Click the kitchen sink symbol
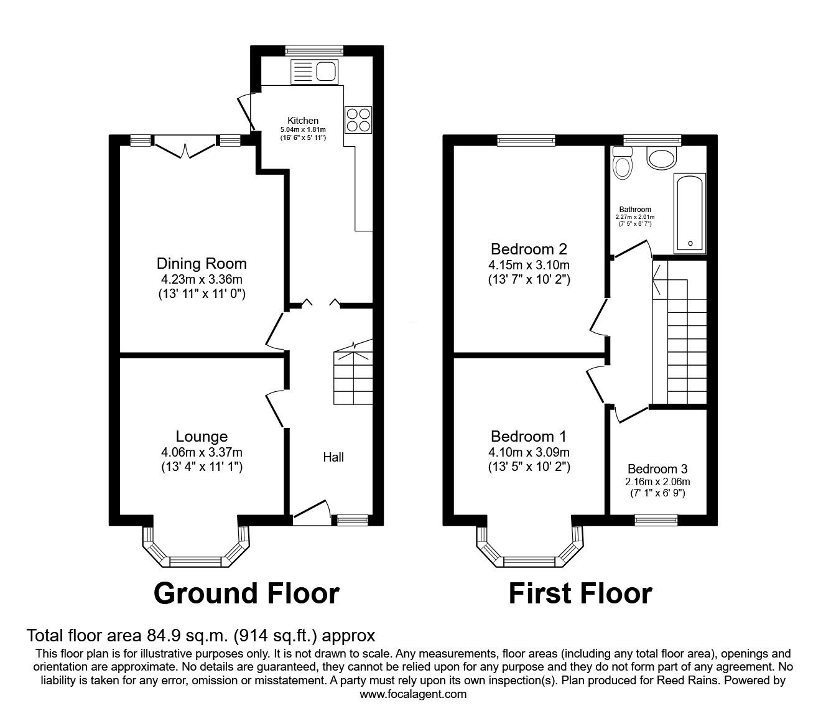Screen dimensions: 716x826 313,72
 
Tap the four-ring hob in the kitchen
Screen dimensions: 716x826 358,119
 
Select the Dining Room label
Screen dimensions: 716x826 202,264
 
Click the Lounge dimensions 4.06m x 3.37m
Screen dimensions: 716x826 201,452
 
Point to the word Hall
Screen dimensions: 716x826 333,457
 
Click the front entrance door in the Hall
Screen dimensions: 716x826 310,511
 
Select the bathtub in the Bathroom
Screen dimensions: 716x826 689,213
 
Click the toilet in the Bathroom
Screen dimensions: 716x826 622,163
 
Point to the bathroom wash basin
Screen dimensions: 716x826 662,158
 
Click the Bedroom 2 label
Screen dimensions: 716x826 529,249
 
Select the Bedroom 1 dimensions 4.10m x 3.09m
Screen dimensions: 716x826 529,452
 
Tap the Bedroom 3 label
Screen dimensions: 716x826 657,469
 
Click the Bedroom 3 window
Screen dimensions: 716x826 656,516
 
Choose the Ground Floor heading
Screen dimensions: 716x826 246,593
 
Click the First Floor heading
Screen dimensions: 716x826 580,593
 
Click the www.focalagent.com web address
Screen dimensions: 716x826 413,694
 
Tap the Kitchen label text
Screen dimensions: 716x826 303,121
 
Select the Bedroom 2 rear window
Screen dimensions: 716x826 526,141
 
